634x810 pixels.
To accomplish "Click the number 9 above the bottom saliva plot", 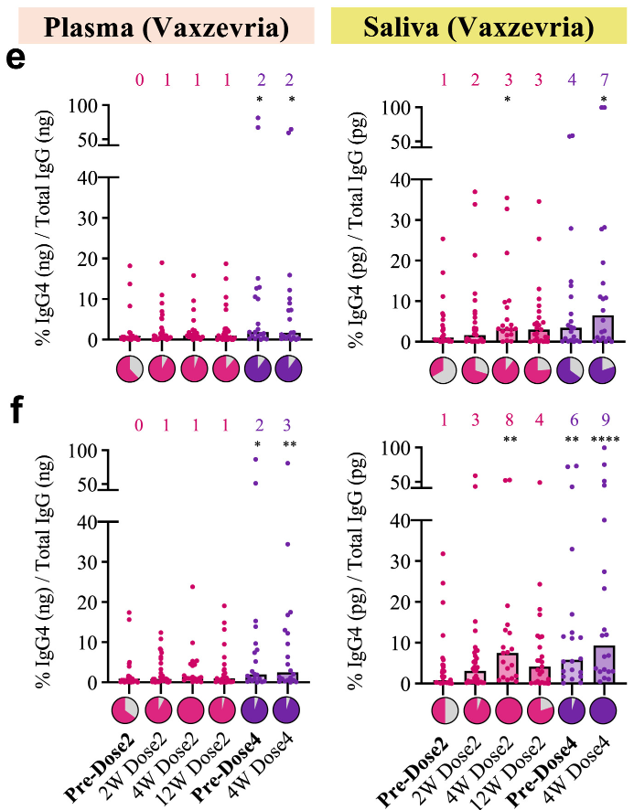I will (604, 423).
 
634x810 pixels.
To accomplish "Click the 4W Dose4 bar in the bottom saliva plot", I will (604, 665).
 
